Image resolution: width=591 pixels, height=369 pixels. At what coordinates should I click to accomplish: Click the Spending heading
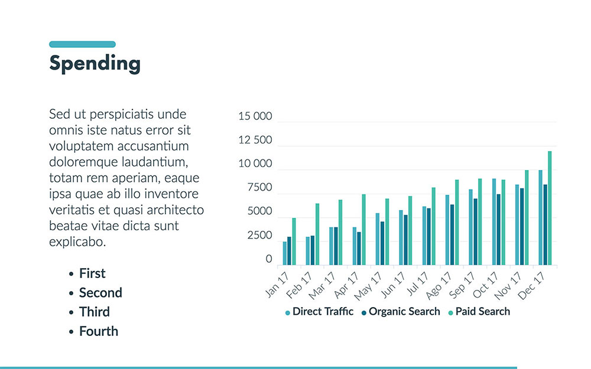point(95,64)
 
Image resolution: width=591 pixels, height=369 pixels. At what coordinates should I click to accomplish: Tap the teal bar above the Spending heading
point(82,44)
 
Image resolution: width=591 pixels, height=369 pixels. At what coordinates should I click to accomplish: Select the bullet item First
point(92,273)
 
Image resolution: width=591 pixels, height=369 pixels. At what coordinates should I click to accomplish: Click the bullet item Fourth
point(98,331)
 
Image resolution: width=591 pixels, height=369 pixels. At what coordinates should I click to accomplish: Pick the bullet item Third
point(94,312)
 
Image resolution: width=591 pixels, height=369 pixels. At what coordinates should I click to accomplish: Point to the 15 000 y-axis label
point(255,117)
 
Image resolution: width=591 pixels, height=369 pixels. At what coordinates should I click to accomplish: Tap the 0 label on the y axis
point(269,259)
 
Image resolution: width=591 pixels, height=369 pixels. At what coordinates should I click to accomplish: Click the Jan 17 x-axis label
point(277,283)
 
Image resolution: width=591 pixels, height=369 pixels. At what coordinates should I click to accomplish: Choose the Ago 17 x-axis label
point(441,283)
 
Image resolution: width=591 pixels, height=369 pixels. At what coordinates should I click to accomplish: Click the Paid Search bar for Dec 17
point(550,208)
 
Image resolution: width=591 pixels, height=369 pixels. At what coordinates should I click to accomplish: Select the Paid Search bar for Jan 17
point(294,241)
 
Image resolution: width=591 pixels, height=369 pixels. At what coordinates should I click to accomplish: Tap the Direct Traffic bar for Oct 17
point(494,222)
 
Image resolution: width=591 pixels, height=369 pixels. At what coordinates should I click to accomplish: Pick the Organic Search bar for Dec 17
point(545,225)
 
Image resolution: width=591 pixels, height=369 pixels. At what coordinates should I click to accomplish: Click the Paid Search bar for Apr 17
point(363,230)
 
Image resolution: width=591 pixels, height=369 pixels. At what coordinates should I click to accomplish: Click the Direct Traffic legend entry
point(322,312)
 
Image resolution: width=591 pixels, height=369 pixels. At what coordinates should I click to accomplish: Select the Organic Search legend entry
point(404,312)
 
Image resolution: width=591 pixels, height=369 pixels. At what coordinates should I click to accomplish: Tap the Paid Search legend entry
point(482,312)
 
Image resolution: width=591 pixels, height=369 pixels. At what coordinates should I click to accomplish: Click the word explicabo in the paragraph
point(77,241)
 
